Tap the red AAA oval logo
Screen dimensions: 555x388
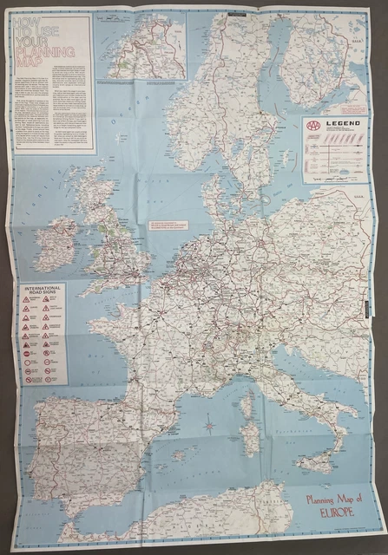tap(313, 127)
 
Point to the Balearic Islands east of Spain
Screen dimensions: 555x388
tap(181, 453)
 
